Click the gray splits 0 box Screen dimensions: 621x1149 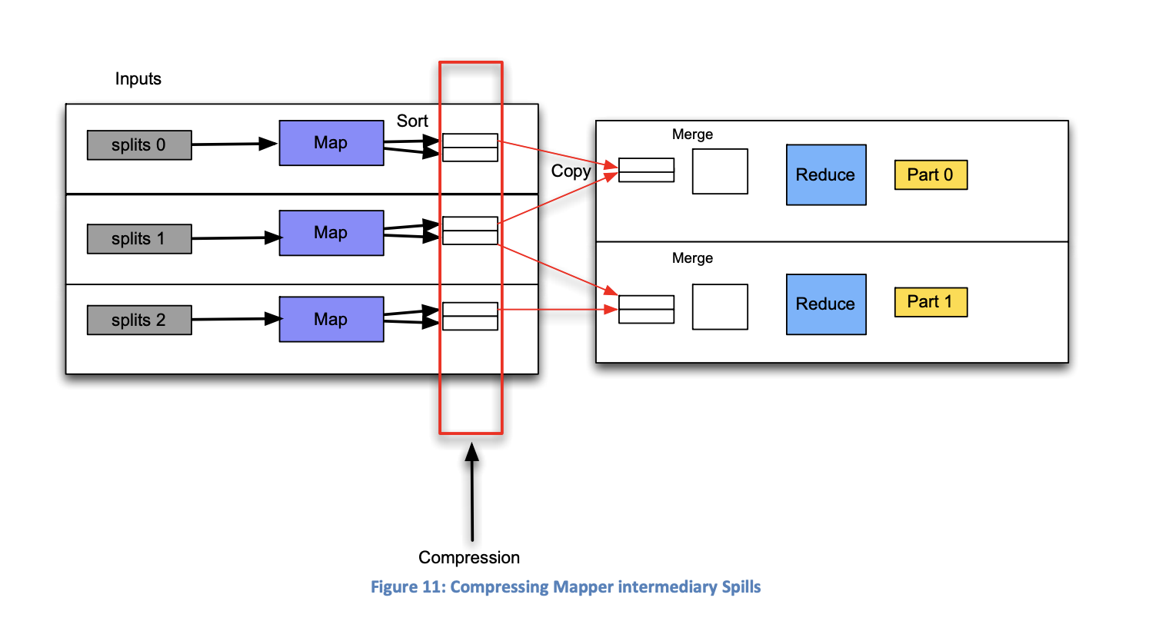point(139,144)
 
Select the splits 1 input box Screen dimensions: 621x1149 point(139,238)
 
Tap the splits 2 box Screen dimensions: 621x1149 point(139,320)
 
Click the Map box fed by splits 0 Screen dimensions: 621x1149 point(331,143)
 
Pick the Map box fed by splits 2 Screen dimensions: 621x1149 point(331,319)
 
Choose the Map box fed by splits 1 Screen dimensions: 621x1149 point(331,233)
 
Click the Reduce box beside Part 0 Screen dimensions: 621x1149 point(825,174)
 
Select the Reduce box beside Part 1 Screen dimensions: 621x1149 point(825,304)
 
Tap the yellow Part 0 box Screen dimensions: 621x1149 point(930,174)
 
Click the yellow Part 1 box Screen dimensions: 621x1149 point(930,302)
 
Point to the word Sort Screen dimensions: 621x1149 point(412,121)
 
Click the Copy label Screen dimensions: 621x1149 point(571,171)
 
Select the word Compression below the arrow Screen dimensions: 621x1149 point(469,557)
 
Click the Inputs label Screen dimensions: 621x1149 point(138,79)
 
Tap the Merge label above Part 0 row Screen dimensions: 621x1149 point(692,134)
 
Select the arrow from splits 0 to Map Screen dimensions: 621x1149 point(235,144)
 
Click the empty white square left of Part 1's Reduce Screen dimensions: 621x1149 point(720,307)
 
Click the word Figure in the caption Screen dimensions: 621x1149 point(395,587)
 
